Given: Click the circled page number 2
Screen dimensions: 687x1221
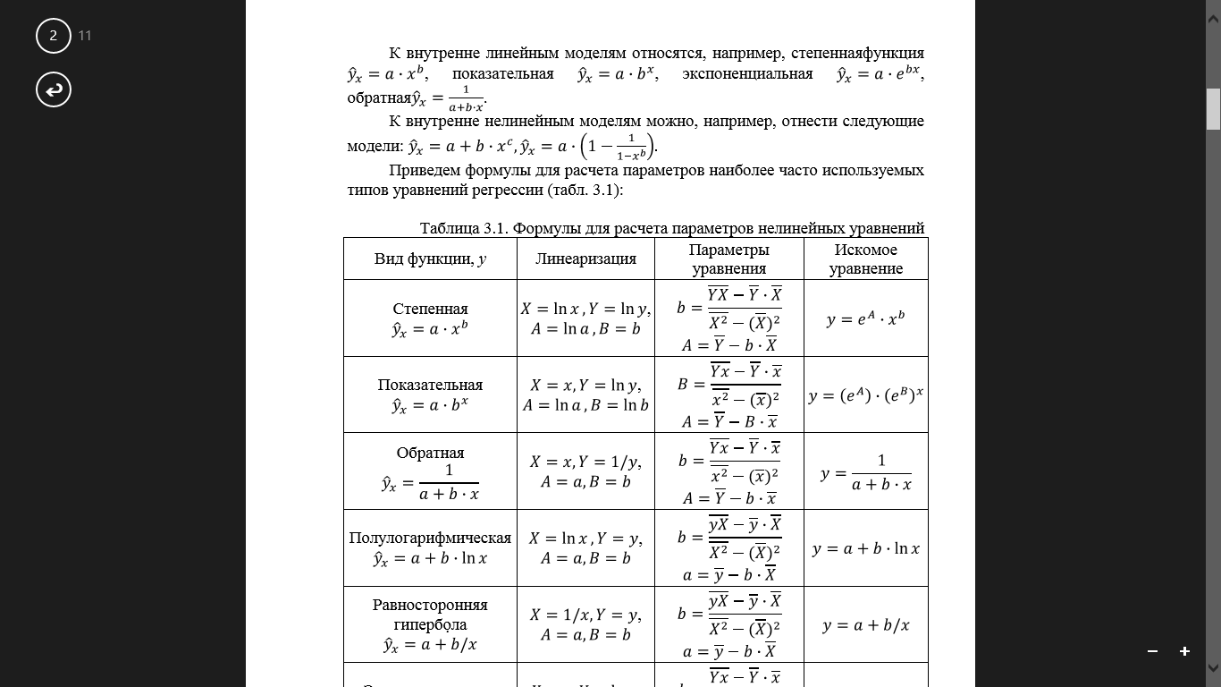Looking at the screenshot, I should (x=54, y=36).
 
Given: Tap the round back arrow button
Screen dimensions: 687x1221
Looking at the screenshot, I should (x=54, y=89).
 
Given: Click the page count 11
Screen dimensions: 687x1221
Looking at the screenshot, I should (x=85, y=36).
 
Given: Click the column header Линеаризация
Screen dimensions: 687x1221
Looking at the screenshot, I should (x=585, y=259).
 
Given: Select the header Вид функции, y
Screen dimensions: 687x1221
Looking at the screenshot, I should (x=430, y=259).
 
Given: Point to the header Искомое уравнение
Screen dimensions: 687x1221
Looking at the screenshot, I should (x=865, y=259).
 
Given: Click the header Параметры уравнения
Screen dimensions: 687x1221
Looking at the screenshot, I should (x=728, y=259).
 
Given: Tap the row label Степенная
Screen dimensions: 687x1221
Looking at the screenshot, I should (x=430, y=309).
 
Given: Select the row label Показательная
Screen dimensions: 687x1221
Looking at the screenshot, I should (x=430, y=385).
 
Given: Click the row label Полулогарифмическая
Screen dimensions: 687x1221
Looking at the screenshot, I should (x=430, y=538).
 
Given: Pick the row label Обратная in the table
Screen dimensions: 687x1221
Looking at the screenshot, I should (x=430, y=453).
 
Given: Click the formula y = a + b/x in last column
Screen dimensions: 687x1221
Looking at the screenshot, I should (x=865, y=625).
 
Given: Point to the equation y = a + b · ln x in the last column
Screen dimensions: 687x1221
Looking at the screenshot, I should (x=865, y=548).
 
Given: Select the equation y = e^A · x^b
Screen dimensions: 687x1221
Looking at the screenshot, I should (x=865, y=318).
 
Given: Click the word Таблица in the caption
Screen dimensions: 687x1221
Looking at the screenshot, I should (x=451, y=228).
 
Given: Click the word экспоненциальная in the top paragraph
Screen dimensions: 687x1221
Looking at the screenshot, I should (x=747, y=74).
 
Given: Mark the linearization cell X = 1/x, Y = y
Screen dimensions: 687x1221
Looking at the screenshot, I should (x=585, y=615).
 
